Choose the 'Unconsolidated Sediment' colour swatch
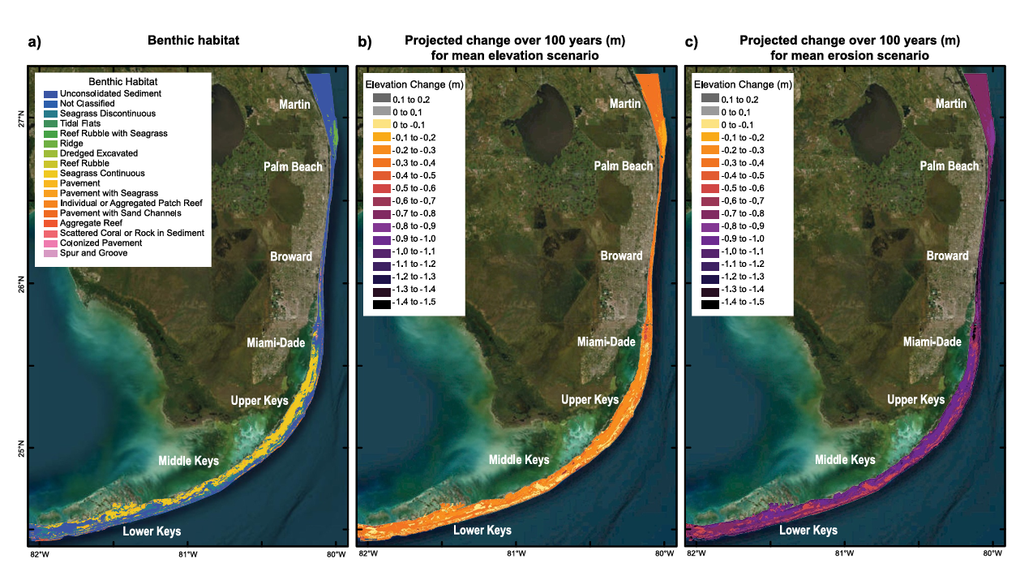click(51, 94)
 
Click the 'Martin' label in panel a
click(295, 105)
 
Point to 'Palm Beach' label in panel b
click(623, 166)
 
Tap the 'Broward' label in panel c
click(947, 256)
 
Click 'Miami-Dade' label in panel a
click(276, 343)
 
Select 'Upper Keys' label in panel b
click(589, 400)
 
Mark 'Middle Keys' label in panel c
click(845, 460)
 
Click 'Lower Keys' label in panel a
click(152, 531)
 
